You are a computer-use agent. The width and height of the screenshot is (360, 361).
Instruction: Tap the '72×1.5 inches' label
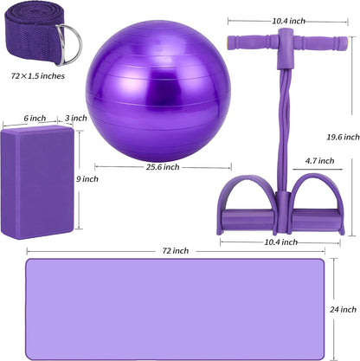pyautogui.click(x=38, y=76)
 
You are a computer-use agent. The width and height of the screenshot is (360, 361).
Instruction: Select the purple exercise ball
pyautogui.click(x=158, y=91)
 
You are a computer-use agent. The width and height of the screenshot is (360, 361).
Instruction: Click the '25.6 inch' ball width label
pyautogui.click(x=163, y=167)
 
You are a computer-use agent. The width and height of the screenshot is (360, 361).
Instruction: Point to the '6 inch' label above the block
pyautogui.click(x=35, y=118)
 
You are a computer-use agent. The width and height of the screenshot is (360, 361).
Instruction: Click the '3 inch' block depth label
pyautogui.click(x=76, y=118)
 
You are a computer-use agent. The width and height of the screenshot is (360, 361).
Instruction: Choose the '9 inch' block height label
pyautogui.click(x=87, y=179)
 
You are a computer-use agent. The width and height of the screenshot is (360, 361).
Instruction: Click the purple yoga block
pyautogui.click(x=37, y=182)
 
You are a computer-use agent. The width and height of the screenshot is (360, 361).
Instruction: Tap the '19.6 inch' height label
pyautogui.click(x=343, y=137)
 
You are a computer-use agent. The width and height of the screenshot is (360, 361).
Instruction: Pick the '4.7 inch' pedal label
pyautogui.click(x=320, y=161)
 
